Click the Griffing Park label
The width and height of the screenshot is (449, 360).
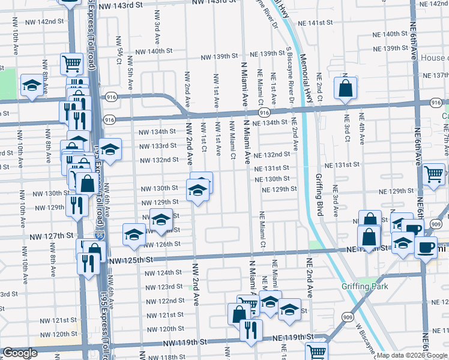365,286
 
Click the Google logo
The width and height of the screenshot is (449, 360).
20,353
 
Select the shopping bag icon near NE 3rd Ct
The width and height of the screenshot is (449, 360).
346,88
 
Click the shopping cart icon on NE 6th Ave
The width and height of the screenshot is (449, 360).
433,174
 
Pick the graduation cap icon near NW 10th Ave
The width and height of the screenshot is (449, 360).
31,86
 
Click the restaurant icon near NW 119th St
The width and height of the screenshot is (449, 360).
250,330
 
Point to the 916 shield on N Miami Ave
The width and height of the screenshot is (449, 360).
264,112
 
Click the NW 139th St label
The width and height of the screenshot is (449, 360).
219,56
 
